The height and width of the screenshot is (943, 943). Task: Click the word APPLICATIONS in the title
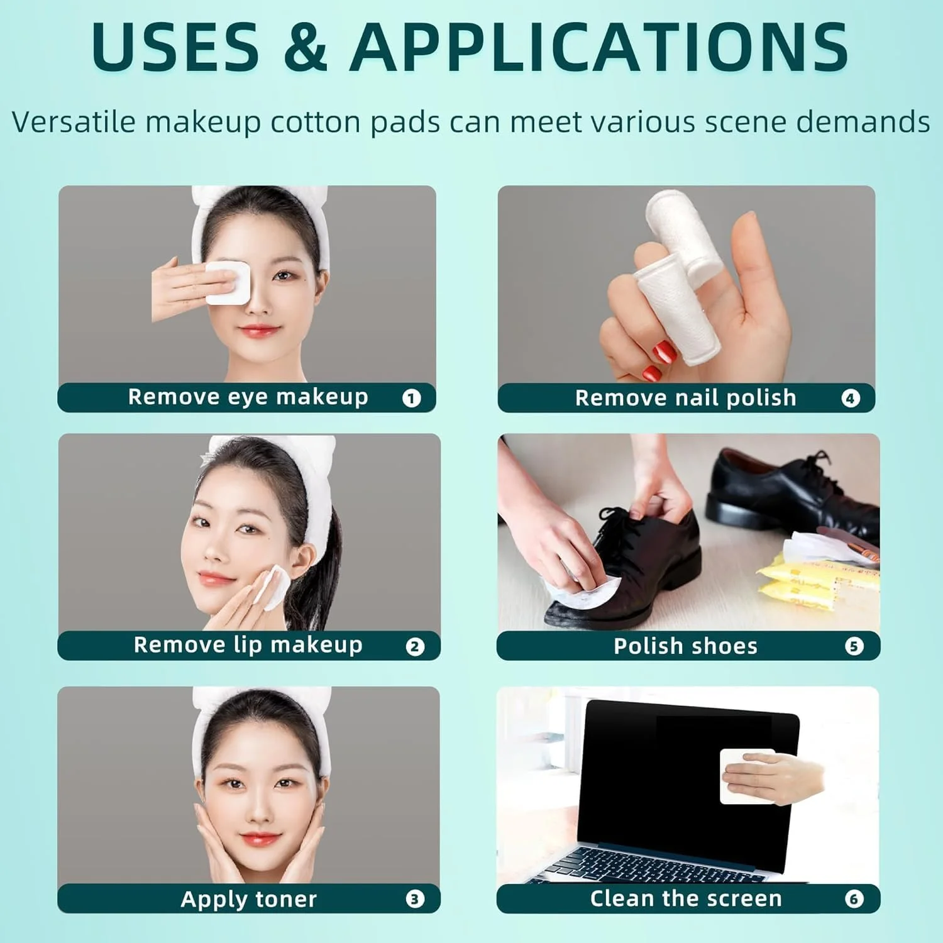[599, 46]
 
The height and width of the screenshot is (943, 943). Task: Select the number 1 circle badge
[412, 398]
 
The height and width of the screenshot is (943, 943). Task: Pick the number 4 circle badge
[851, 398]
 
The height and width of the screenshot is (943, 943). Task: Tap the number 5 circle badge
[854, 646]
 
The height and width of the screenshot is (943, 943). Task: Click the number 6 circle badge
[854, 899]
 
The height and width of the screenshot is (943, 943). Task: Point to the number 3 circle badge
[415, 899]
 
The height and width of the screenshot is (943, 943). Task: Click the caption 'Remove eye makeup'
[248, 397]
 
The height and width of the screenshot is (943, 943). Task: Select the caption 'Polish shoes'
[686, 646]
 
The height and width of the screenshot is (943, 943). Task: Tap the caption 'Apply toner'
[249, 900]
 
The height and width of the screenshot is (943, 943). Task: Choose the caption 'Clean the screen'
[686, 899]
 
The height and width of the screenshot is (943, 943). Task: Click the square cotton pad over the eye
[228, 284]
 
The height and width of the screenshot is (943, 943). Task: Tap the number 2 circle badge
[415, 647]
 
